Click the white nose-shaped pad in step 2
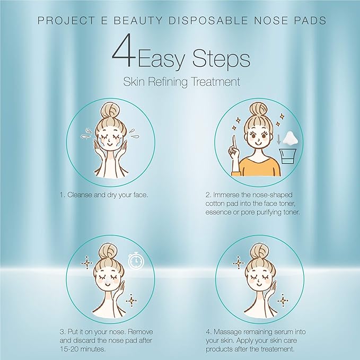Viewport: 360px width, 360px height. [x=289, y=138]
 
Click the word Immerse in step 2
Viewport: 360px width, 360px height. [x=230, y=195]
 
